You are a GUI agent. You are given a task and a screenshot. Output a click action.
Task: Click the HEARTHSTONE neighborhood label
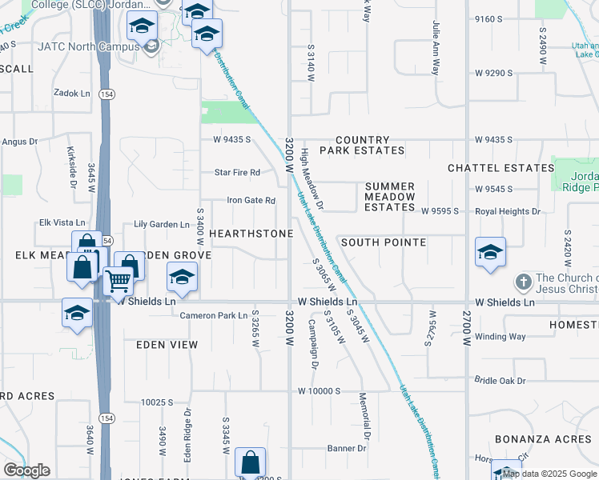click(251, 233)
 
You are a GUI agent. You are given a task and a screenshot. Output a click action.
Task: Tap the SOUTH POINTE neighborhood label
click(383, 242)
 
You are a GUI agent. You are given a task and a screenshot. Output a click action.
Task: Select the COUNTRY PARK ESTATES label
click(362, 145)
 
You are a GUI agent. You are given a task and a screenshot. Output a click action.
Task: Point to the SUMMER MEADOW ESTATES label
click(390, 197)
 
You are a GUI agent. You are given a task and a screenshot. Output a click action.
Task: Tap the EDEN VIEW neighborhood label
click(167, 344)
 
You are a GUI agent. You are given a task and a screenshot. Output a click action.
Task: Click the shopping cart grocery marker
click(119, 281)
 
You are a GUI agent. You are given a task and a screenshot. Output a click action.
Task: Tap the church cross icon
click(522, 282)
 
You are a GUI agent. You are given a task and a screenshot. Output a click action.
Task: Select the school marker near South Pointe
click(490, 252)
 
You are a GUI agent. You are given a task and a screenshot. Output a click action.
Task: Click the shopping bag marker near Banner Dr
click(251, 462)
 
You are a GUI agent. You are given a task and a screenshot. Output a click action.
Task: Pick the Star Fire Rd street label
click(238, 172)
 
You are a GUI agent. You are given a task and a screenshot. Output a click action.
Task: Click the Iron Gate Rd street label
click(251, 201)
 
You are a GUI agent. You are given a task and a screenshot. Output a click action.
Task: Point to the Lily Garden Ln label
click(161, 225)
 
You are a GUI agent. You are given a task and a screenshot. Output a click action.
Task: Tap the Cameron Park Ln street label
click(213, 315)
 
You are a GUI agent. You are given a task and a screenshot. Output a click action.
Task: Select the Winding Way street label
click(500, 337)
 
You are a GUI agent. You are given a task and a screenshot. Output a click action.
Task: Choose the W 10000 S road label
click(320, 391)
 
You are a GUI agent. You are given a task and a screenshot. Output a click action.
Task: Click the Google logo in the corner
click(26, 470)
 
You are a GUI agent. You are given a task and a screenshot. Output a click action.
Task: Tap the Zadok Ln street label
click(72, 94)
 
